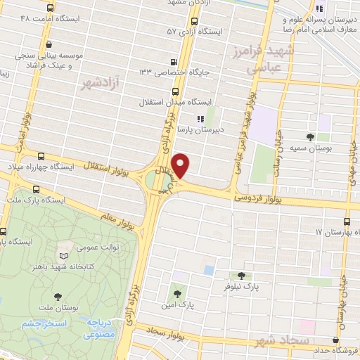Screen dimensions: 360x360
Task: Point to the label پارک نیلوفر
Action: [242, 287]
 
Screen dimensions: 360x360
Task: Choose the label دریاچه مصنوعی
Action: [100, 326]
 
